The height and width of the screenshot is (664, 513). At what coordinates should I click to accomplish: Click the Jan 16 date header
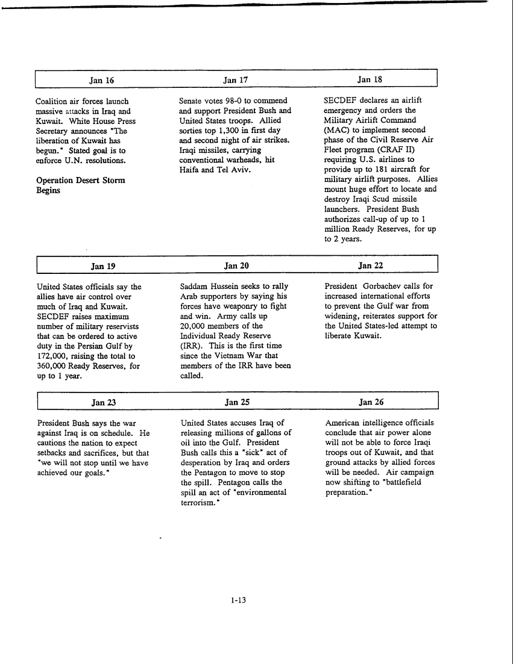pos(101,79)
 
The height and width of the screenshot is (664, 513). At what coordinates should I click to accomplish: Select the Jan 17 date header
pos(235,79)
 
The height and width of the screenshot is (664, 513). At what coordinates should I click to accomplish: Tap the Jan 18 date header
pos(369,79)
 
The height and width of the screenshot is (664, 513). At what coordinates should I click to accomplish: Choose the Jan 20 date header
pos(236,265)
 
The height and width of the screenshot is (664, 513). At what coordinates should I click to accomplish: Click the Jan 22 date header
pos(370,265)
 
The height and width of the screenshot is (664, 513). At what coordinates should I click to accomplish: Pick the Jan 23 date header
pos(103,402)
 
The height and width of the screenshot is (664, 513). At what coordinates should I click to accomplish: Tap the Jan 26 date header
pos(371,402)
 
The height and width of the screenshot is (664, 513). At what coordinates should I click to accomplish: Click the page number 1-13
pos(238,600)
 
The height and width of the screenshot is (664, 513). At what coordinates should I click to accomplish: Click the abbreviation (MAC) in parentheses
pos(336,130)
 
